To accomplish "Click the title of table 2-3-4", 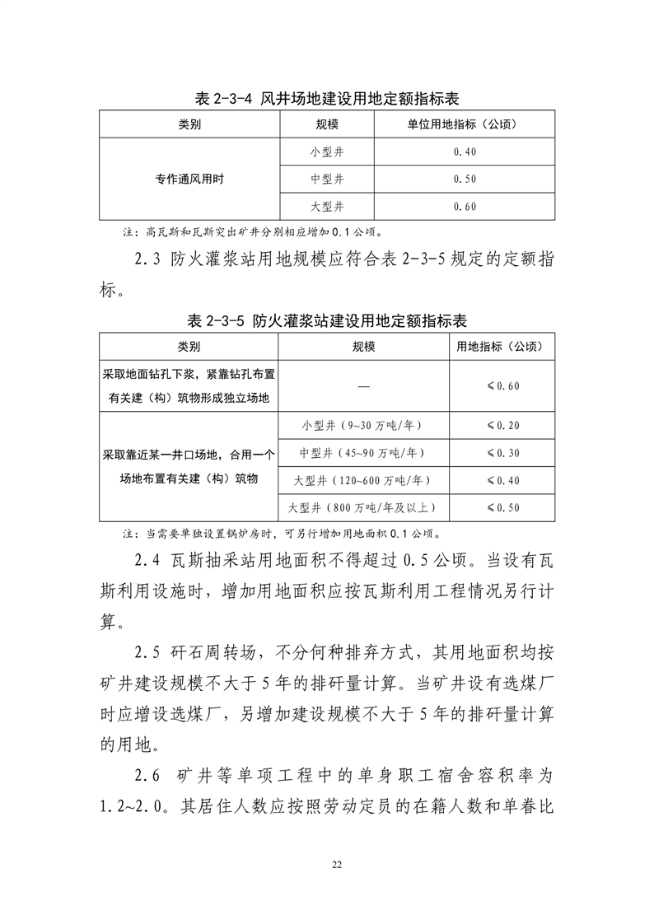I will pyautogui.click(x=326, y=100).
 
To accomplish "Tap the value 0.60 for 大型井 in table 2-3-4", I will pyautogui.click(x=465, y=206).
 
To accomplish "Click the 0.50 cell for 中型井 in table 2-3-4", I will pyautogui.click(x=465, y=179).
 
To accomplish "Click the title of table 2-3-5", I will pyautogui.click(x=326, y=321).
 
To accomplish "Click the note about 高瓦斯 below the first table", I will pyautogui.click(x=251, y=231).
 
